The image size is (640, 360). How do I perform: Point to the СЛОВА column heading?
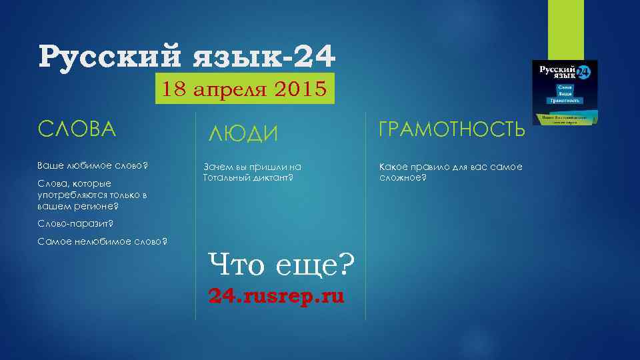click(77, 129)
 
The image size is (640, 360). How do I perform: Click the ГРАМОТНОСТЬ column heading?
click(451, 129)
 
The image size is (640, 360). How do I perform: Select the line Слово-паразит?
click(75, 223)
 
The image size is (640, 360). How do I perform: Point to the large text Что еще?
click(281, 266)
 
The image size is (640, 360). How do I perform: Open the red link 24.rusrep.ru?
click(276, 295)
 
